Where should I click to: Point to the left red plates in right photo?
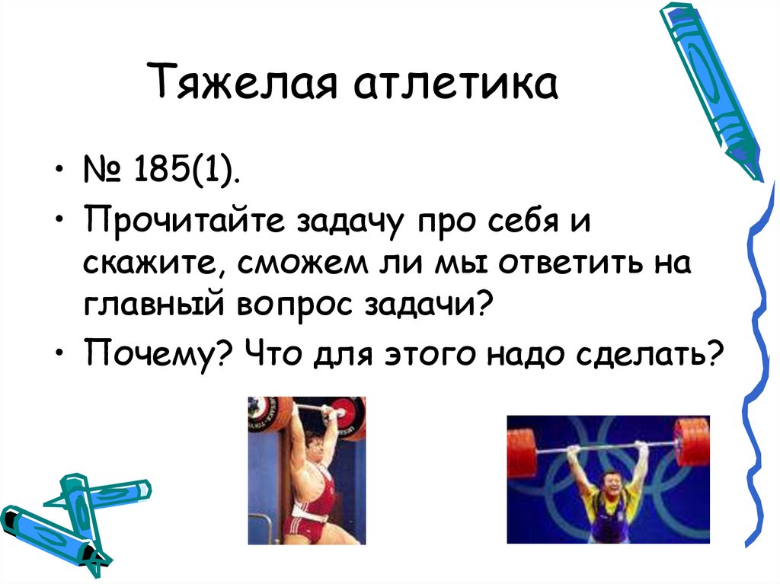click(x=522, y=452)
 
